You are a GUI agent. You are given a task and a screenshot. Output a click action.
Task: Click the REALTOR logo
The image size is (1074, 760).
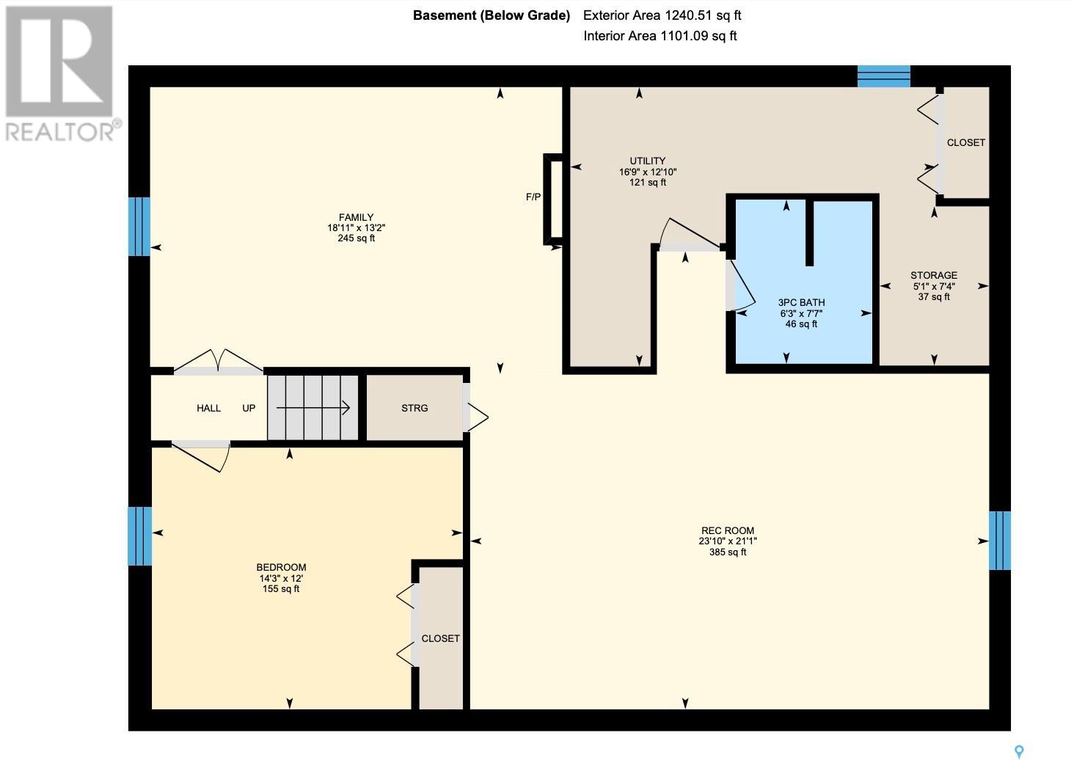(x=62, y=74)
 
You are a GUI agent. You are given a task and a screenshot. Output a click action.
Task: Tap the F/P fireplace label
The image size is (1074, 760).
(x=533, y=197)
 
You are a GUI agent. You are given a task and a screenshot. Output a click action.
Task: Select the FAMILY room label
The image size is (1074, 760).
(x=356, y=217)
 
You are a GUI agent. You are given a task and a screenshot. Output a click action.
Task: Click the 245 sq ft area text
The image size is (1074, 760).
(x=356, y=238)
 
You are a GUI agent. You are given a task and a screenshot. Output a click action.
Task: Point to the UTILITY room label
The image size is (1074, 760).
(x=647, y=161)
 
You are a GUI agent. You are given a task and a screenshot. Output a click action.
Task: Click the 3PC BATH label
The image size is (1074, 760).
(x=801, y=302)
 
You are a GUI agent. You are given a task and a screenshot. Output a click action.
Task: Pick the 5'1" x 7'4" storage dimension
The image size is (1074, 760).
(x=934, y=286)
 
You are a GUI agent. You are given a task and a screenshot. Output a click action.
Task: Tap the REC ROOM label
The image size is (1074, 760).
(x=727, y=530)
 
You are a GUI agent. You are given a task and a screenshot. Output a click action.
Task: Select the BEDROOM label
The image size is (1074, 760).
(x=281, y=567)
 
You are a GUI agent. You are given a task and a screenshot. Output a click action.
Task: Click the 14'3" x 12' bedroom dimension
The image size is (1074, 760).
(x=281, y=578)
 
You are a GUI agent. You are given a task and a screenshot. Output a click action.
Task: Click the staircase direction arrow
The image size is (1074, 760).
(x=313, y=408)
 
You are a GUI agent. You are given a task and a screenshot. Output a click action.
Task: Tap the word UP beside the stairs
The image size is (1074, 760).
(x=249, y=408)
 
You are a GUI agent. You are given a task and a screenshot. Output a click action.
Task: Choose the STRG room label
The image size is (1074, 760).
(x=414, y=408)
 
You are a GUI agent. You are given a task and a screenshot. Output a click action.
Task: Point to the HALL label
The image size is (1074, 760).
(x=208, y=408)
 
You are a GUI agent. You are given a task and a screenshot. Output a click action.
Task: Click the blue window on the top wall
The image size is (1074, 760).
(x=884, y=76)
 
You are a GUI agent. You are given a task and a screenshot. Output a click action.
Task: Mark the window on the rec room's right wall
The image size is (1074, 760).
(x=1000, y=541)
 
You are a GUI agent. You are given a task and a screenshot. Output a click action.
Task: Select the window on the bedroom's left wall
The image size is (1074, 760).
(x=139, y=536)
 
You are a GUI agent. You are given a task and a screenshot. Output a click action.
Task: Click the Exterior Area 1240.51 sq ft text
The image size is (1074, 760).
(x=662, y=15)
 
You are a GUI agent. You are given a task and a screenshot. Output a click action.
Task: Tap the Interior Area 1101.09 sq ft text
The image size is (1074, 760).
(x=660, y=36)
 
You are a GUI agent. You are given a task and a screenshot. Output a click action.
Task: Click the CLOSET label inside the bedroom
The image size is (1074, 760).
(x=440, y=639)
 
